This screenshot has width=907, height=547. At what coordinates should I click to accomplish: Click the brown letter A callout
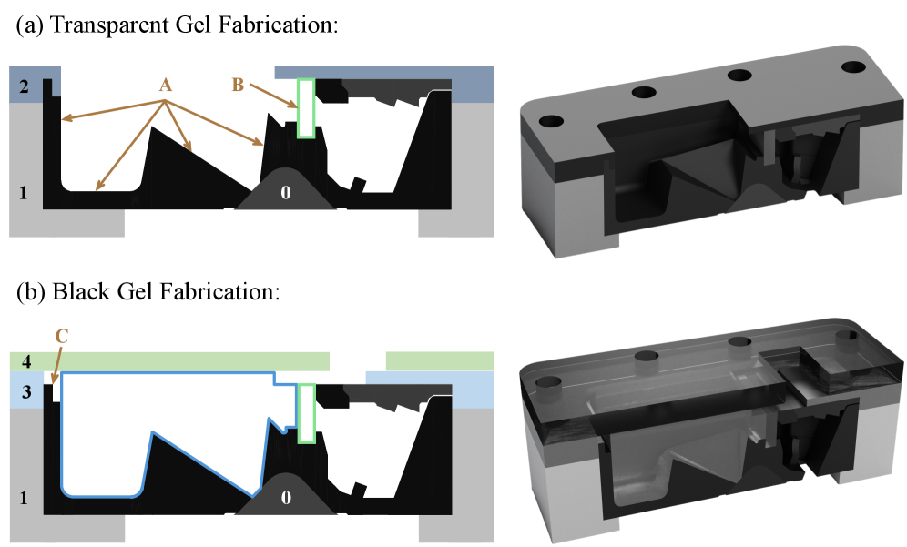coord(166,86)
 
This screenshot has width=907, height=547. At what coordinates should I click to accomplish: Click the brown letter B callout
coord(238,85)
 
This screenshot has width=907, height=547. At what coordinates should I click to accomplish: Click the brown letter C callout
coord(61,336)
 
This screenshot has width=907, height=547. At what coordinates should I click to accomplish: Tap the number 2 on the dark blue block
coord(24,86)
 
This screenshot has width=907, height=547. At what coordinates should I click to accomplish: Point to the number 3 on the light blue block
coord(26,392)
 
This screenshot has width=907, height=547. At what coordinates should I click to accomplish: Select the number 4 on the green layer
coord(26,362)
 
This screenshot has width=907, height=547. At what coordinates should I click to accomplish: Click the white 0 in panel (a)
coord(286,193)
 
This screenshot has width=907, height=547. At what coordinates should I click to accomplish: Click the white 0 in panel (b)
coord(286,497)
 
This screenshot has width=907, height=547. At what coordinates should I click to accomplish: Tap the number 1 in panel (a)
coord(23,193)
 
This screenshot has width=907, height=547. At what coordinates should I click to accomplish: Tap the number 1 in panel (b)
coord(23,497)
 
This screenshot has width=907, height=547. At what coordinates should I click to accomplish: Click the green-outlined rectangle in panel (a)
coord(306,108)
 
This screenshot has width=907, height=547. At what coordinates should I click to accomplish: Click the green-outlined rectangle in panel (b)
coord(306,413)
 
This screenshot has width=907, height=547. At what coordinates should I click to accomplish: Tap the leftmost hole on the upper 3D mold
coord(551,121)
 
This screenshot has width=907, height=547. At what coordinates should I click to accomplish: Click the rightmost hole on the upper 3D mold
coord(853,66)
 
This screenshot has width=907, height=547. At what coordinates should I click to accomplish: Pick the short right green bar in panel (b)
coord(440,360)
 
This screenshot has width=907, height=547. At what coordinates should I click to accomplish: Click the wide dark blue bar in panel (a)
coord(384,72)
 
